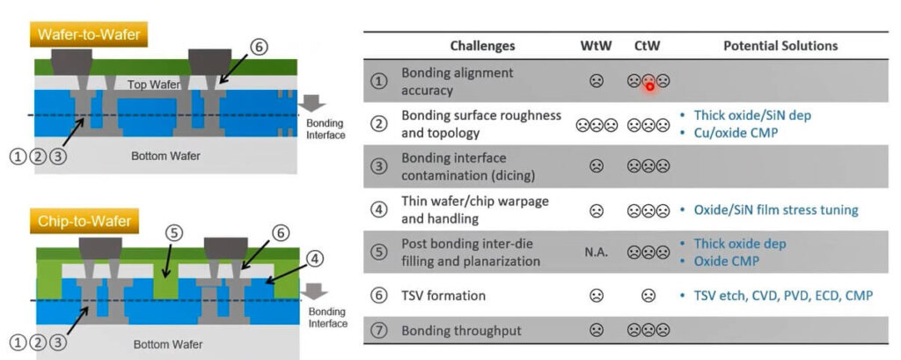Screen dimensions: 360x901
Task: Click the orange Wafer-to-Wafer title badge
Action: click(91, 35)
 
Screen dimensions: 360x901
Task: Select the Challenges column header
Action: click(482, 46)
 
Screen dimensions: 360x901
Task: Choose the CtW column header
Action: click(648, 46)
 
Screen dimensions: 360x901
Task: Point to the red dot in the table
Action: click(649, 85)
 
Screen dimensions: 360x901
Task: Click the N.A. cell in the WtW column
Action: click(596, 253)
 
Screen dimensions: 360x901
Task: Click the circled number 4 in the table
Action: click(379, 210)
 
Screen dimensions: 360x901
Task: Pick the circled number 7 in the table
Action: click(379, 331)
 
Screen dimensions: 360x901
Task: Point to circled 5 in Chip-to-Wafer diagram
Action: click(173, 234)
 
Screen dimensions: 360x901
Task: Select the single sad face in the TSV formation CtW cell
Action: click(648, 296)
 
